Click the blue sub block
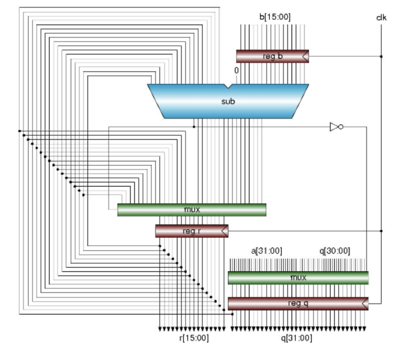pyautogui.click(x=228, y=101)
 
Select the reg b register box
pyautogui.click(x=272, y=56)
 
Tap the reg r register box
pyautogui.click(x=191, y=231)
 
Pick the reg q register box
pyautogui.click(x=298, y=303)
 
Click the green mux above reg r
pyautogui.click(x=191, y=209)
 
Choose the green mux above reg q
pyautogui.click(x=298, y=277)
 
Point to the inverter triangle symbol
pyautogui.click(x=335, y=127)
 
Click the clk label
pyautogui.click(x=382, y=17)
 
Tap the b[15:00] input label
pyautogui.click(x=275, y=17)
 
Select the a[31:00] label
pyautogui.click(x=267, y=251)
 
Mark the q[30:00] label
pyautogui.click(x=334, y=251)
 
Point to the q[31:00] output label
pyautogui.click(x=297, y=338)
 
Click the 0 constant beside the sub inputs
pyautogui.click(x=237, y=71)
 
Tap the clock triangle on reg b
pyautogui.click(x=305, y=57)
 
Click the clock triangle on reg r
pyautogui.click(x=225, y=231)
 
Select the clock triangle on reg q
pyautogui.click(x=365, y=304)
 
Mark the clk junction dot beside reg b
pyautogui.click(x=381, y=57)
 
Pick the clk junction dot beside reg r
pyautogui.click(x=381, y=231)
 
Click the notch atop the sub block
pyautogui.click(x=228, y=86)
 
